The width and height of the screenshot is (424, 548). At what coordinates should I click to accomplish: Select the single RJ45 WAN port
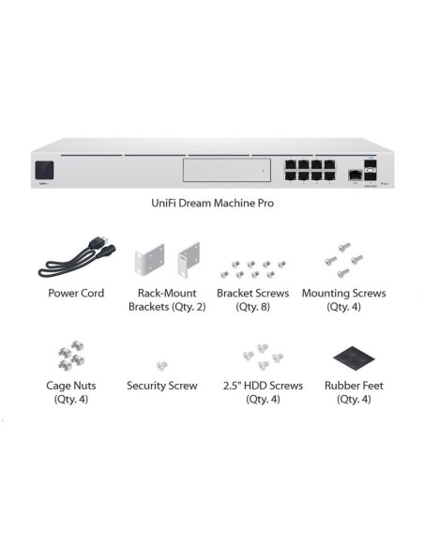click(356, 175)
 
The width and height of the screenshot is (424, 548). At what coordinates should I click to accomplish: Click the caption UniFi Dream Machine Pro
click(212, 203)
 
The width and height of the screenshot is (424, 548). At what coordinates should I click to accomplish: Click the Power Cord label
click(75, 294)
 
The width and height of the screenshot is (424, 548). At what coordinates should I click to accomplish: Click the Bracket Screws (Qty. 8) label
click(252, 299)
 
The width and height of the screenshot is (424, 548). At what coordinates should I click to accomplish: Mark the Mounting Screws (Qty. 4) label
click(343, 299)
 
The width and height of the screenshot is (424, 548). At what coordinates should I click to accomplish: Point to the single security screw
click(161, 364)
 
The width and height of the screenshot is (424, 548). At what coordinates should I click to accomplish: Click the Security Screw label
click(162, 386)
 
